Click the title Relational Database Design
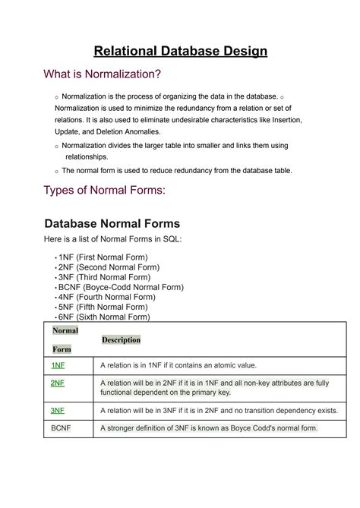(180, 52)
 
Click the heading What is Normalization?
(103, 74)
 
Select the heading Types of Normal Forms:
(104, 190)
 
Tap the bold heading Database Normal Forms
(112, 223)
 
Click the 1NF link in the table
(58, 364)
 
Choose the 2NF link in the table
(58, 383)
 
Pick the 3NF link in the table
(58, 410)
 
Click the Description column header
(121, 340)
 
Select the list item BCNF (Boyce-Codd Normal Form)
(120, 288)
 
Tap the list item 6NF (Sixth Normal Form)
(104, 317)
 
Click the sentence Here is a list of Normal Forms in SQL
(113, 239)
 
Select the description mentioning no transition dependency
(219, 410)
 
